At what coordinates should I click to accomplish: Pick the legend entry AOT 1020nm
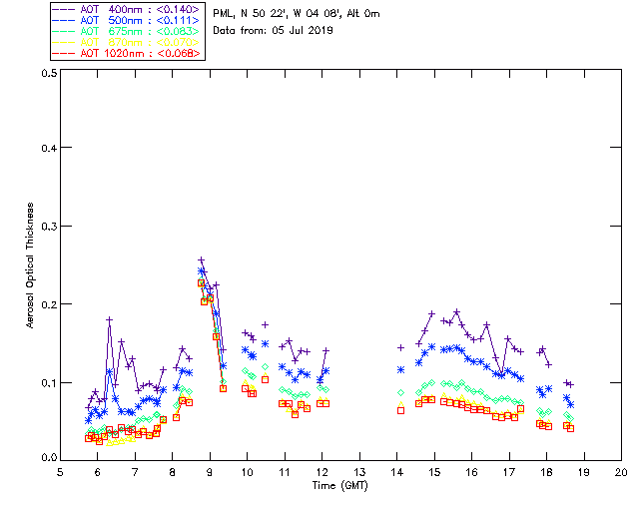[106, 52]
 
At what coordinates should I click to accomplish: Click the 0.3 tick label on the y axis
[47, 227]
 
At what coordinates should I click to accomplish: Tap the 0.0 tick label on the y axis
[47, 458]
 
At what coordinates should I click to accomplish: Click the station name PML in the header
[224, 14]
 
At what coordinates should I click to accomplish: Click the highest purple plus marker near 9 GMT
[201, 260]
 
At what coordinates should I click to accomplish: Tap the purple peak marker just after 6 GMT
[110, 319]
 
